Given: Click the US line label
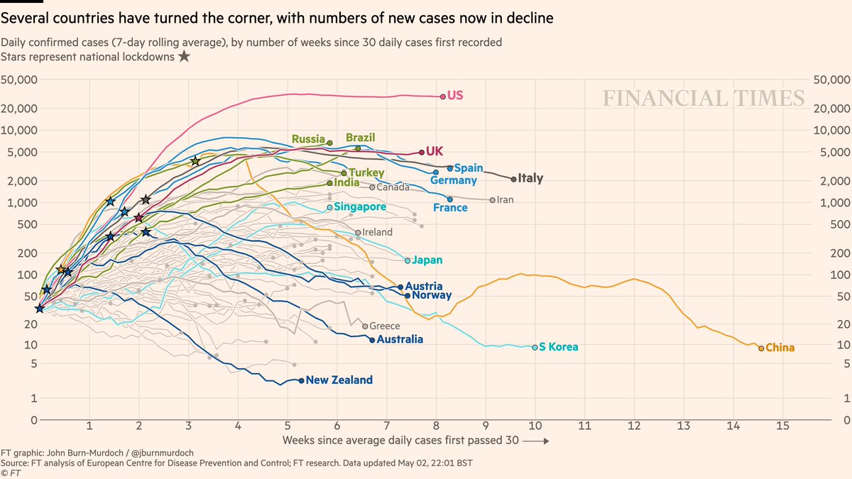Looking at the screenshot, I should point(455,95).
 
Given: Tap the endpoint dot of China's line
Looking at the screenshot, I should point(761,348).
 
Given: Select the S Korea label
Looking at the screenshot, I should point(559,347).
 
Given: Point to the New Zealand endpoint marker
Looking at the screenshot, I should point(302,380).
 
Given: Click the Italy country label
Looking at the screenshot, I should point(530,179).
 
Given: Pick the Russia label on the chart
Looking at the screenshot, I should point(308,140).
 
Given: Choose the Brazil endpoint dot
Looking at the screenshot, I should point(358,148).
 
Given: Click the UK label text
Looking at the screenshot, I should point(435,151).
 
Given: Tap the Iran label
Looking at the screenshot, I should point(505,200).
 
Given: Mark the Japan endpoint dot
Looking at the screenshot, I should point(408,260).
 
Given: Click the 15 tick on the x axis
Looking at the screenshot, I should point(783,427).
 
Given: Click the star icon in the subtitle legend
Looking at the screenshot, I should point(184,57).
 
